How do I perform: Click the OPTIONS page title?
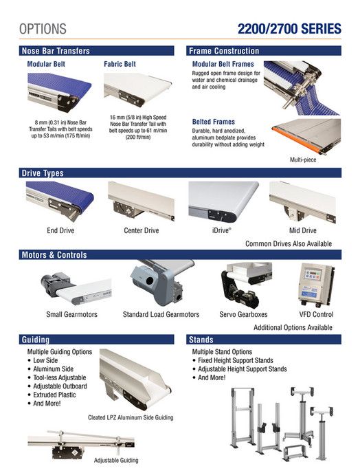click(x=43, y=29)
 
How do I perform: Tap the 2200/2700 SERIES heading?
click(x=289, y=29)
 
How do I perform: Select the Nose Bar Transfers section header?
click(x=56, y=51)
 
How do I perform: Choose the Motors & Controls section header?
click(x=54, y=255)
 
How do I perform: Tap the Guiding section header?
click(x=36, y=340)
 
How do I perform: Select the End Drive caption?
click(x=60, y=231)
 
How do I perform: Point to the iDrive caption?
click(x=221, y=231)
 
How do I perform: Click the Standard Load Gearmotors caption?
click(x=161, y=314)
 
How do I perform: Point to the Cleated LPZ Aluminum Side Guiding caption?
click(x=131, y=417)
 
